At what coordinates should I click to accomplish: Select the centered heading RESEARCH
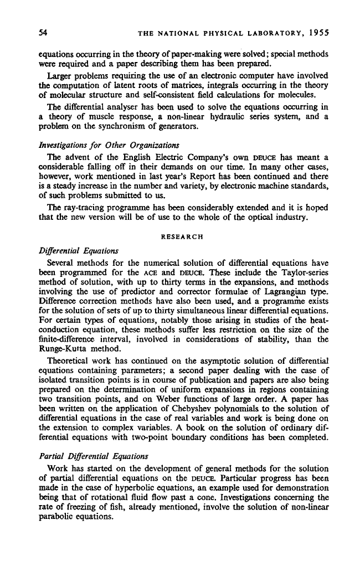click(180, 236)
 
